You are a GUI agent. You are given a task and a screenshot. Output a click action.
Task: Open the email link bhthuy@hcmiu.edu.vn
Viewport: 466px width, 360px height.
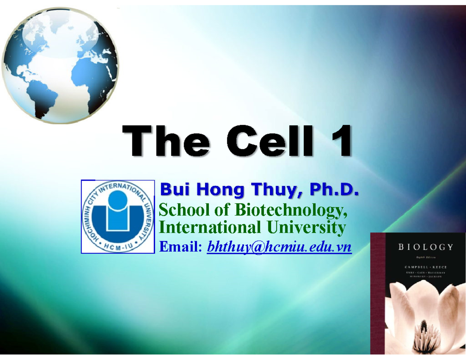(x=279, y=246)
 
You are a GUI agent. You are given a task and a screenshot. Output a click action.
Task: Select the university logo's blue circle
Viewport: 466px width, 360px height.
(x=117, y=201)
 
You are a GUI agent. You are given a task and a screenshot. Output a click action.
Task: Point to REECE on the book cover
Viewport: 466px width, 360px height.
(x=441, y=267)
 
